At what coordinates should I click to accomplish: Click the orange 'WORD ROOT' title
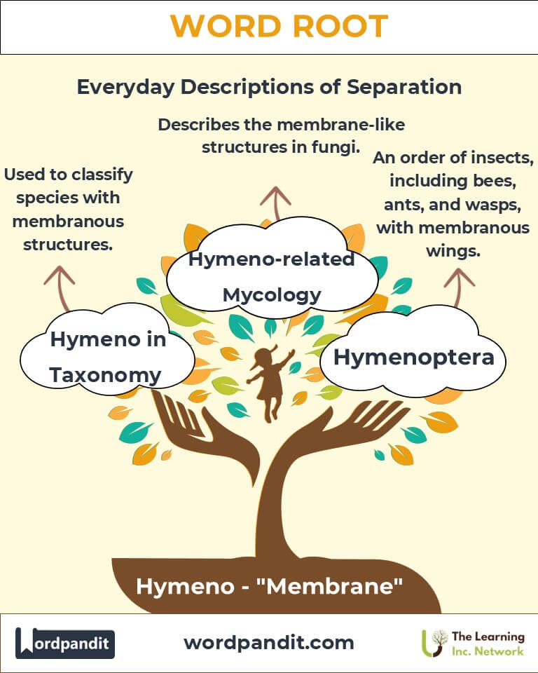(280, 26)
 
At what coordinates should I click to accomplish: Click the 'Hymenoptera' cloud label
(414, 357)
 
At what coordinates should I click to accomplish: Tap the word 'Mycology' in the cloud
(272, 295)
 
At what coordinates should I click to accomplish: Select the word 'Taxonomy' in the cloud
(105, 375)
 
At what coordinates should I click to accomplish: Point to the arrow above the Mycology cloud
(276, 203)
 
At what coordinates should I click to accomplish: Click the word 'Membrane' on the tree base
(329, 586)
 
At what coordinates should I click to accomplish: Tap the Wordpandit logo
(65, 643)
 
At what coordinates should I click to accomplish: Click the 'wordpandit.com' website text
(269, 643)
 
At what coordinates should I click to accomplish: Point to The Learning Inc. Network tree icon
(434, 644)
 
